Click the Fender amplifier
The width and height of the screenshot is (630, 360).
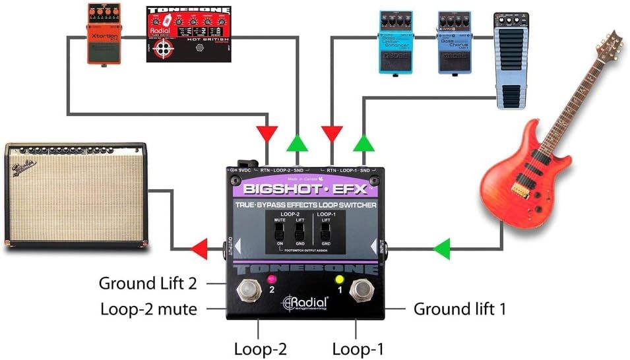point(76,195)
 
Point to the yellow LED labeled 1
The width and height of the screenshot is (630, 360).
point(340,279)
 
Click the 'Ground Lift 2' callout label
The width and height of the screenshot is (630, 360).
point(148,284)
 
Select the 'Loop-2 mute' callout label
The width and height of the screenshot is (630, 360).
point(148,308)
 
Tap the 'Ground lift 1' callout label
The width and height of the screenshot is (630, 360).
point(459,308)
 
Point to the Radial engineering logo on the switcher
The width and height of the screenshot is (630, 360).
point(305,303)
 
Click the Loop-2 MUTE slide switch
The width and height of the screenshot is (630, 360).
point(278,231)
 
